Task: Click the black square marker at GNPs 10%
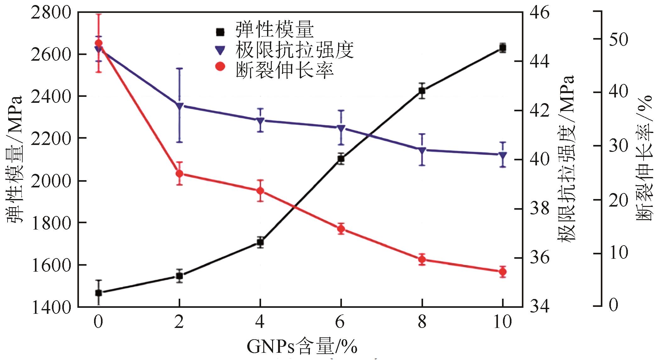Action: [x=503, y=48]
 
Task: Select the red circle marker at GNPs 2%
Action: [x=179, y=174]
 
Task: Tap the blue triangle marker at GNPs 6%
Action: [x=341, y=128]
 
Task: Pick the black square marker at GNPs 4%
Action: [x=260, y=242]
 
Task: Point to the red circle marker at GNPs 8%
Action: [x=422, y=259]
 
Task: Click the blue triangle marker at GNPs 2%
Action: [x=179, y=106]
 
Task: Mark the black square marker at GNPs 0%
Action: [x=98, y=293]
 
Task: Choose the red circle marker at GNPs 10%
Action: [x=503, y=272]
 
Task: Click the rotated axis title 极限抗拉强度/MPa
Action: [x=567, y=159]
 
